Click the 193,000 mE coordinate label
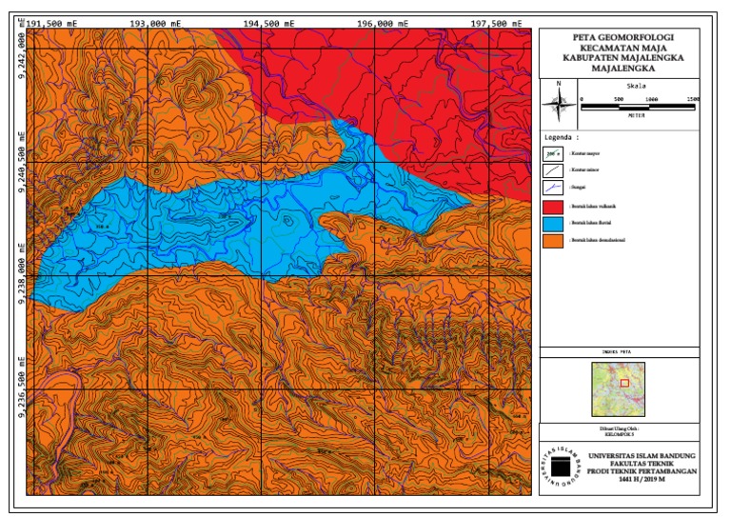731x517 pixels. pos(153,22)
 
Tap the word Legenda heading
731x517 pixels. pos(562,136)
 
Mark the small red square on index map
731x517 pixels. pos(625,383)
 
